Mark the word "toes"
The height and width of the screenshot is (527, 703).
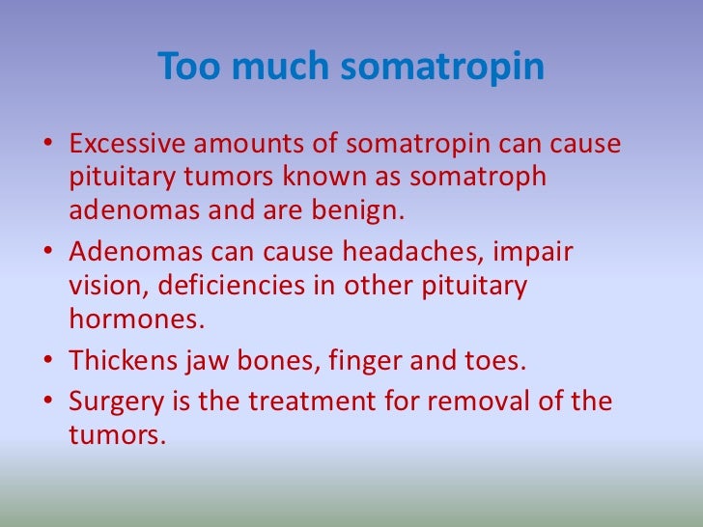491,362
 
